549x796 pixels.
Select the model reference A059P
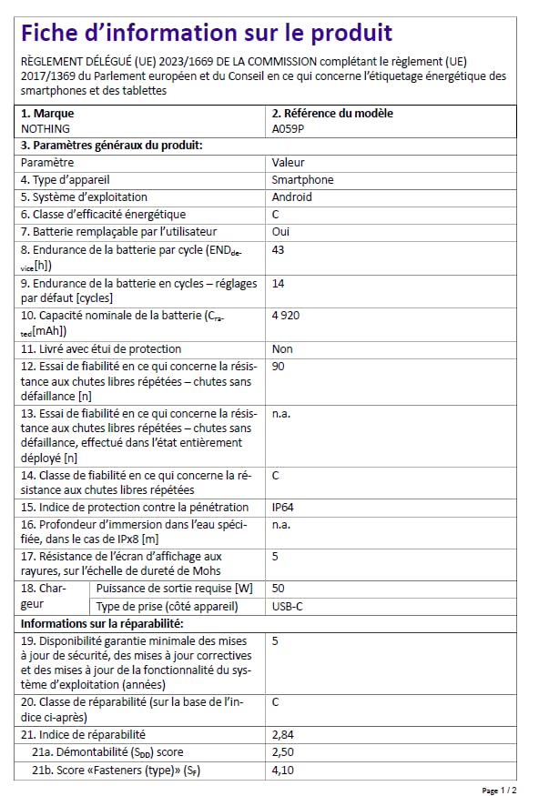[x=288, y=129]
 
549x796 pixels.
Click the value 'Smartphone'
[x=302, y=180]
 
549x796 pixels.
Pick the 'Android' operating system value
[x=291, y=196]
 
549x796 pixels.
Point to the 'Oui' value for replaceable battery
[x=281, y=231]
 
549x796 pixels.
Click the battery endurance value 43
[x=279, y=249]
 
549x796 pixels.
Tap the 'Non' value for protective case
[x=282, y=348]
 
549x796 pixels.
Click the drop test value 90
[x=279, y=366]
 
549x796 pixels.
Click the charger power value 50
[x=279, y=589]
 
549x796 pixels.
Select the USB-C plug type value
[x=289, y=606]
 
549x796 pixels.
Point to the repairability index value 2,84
[x=284, y=734]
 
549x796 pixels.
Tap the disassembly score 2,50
[x=284, y=751]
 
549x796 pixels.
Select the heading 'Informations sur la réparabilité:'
[x=102, y=623]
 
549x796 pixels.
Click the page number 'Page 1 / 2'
[x=499, y=790]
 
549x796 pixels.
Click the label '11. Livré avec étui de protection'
[x=101, y=348]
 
